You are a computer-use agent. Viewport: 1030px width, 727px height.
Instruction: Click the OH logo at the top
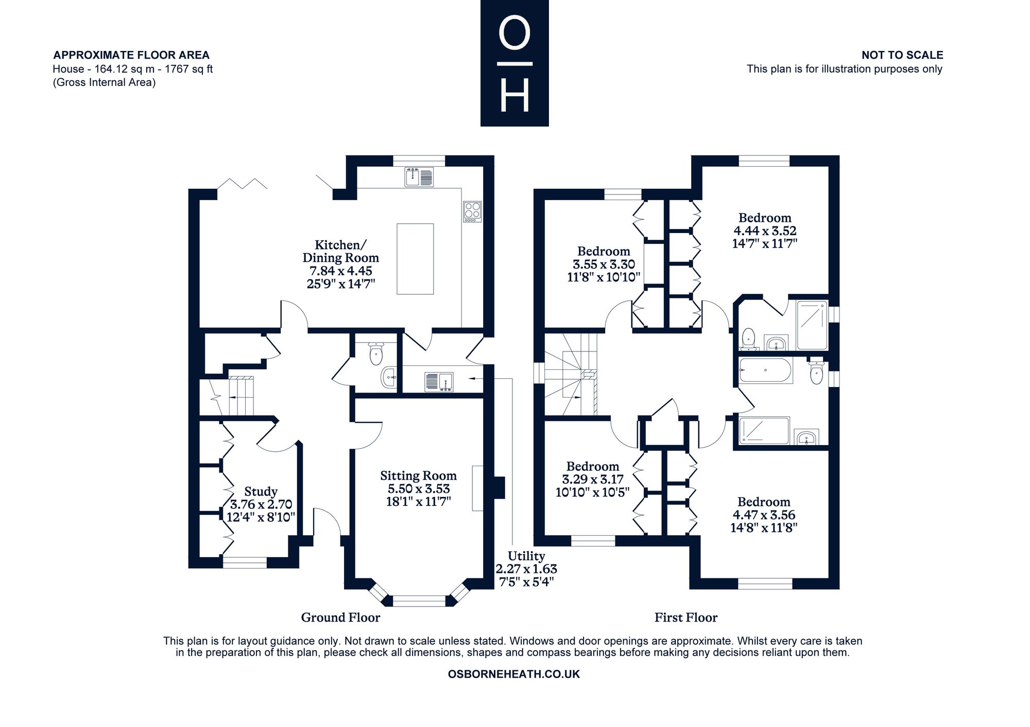click(x=514, y=63)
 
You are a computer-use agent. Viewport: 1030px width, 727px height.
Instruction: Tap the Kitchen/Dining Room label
click(x=340, y=264)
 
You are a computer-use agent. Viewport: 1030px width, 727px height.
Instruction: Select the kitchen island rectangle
click(x=415, y=259)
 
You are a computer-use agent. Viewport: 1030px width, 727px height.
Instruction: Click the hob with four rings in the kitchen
click(x=472, y=211)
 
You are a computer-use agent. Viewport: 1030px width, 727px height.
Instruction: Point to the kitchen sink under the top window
click(x=419, y=176)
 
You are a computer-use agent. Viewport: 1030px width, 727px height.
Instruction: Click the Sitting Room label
click(x=419, y=488)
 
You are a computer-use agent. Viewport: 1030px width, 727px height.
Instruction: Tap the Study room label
click(x=261, y=504)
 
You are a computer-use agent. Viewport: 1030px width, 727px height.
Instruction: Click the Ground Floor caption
click(x=340, y=617)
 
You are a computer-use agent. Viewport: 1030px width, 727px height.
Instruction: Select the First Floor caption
click(x=686, y=617)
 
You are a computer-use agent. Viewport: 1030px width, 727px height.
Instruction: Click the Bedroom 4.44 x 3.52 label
click(x=765, y=230)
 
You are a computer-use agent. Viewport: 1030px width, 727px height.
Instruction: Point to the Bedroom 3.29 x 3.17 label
click(x=593, y=479)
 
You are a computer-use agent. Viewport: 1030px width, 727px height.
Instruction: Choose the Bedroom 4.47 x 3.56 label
click(x=764, y=515)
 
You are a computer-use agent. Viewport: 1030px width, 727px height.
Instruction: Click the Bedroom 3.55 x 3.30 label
click(x=604, y=264)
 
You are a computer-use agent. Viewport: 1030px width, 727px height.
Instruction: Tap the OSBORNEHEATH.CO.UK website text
click(x=514, y=674)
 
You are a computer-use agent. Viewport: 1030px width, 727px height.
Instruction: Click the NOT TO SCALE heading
click(x=902, y=55)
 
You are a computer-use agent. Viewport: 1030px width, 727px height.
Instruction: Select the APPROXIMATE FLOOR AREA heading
click(x=131, y=55)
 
